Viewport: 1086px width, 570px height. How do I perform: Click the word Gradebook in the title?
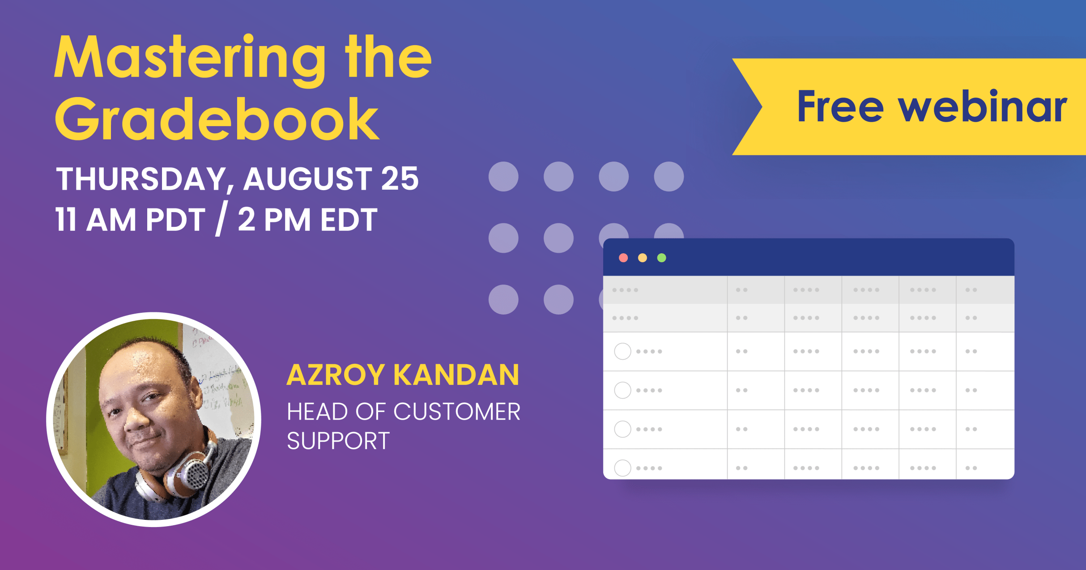217,119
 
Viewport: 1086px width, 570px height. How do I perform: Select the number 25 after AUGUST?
400,179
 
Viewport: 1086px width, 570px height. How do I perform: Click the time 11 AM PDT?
130,220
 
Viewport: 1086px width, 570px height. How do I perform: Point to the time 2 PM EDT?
307,220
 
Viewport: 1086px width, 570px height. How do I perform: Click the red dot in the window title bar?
623,258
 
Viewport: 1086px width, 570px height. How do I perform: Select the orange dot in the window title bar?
643,258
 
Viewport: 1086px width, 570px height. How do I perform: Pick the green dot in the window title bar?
662,258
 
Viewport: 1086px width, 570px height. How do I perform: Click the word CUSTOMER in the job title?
457,412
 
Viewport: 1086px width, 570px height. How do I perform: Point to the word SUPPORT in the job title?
338,441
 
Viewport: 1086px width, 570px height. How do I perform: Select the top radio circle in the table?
622,351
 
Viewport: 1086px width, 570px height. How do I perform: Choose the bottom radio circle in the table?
622,468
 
